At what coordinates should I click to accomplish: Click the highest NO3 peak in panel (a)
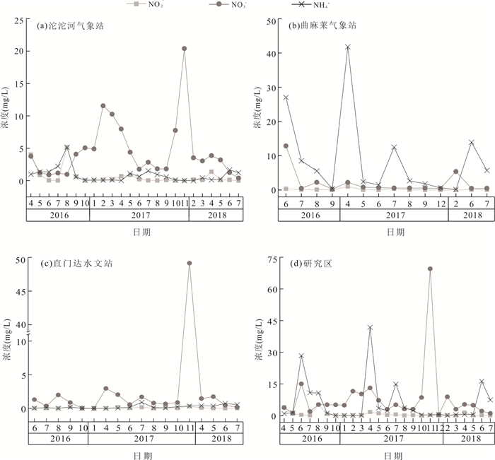tap(184, 49)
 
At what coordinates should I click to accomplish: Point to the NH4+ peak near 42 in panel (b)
tap(348, 47)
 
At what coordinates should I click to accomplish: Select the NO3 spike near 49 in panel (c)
tap(189, 264)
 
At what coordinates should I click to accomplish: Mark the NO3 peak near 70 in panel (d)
tap(430, 269)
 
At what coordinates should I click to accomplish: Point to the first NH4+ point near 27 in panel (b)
tap(286, 98)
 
